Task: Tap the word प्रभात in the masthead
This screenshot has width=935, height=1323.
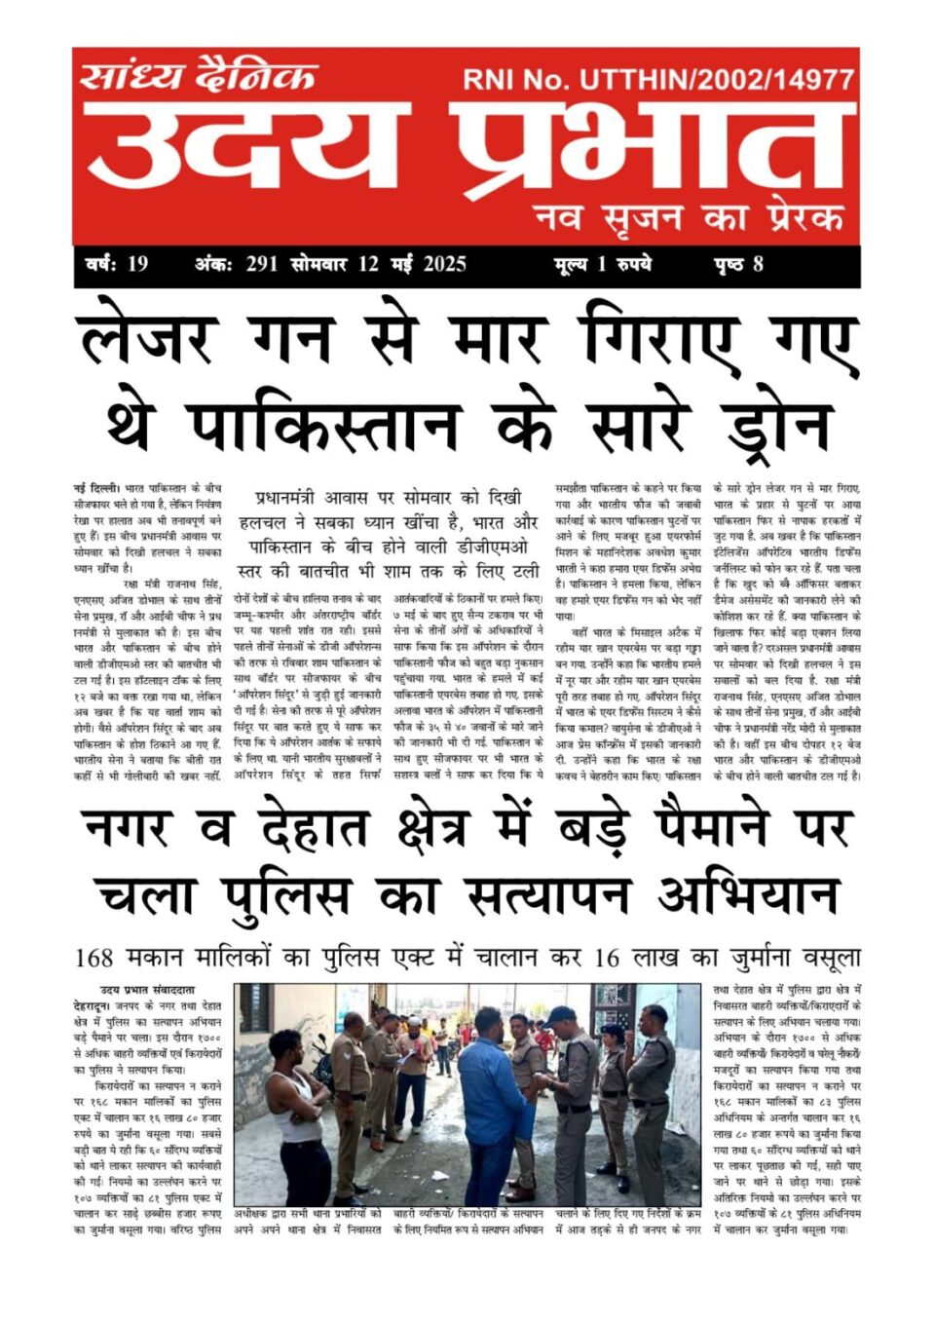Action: [648, 146]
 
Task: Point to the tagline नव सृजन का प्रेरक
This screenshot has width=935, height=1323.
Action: [688, 217]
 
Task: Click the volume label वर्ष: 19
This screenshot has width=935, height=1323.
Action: [117, 264]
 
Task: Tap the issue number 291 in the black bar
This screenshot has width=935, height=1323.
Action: [262, 264]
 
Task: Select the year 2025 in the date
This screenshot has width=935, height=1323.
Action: [444, 264]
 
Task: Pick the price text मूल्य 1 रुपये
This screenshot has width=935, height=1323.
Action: [603, 264]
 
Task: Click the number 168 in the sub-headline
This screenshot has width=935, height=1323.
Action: [93, 959]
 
